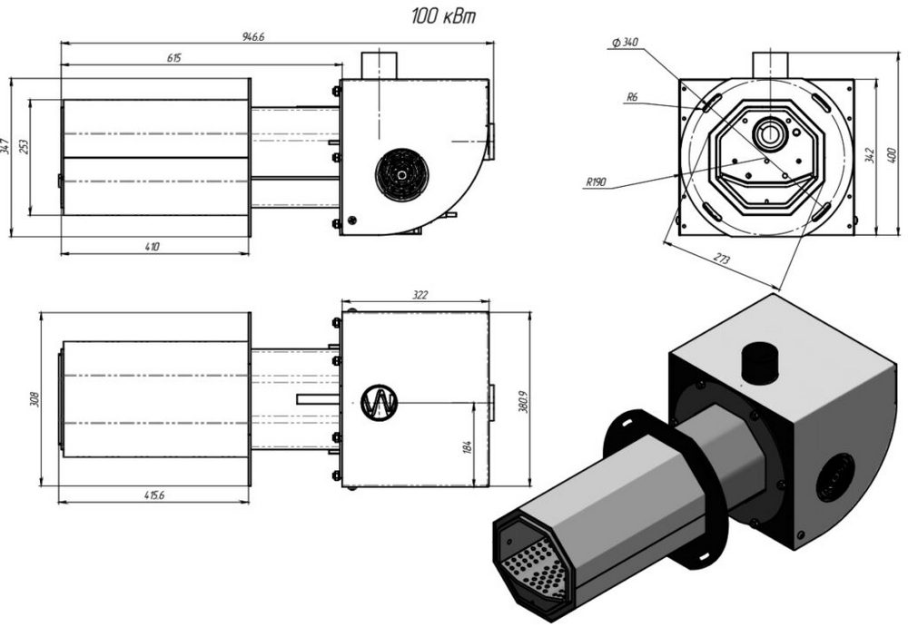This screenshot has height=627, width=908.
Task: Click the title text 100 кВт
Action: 444,15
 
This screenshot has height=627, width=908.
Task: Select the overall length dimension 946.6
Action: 253,36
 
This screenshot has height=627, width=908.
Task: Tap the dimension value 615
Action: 173,58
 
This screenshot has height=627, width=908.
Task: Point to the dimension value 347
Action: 5,146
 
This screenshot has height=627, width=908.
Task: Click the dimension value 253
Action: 24,147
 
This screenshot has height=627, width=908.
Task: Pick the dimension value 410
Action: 152,247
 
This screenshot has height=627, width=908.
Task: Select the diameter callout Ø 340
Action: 625,43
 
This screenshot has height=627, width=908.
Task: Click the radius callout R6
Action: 632,97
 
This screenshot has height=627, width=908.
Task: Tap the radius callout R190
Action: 596,182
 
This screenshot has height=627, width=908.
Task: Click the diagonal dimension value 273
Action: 722,259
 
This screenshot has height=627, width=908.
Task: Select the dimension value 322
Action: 419,295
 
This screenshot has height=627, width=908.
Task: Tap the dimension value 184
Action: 468,447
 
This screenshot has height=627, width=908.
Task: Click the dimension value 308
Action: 35,399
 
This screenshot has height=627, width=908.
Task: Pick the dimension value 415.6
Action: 154,495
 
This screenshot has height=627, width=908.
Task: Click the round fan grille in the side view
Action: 402,175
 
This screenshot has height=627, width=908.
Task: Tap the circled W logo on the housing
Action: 380,402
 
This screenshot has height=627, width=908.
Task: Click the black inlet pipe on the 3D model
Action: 761,363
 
